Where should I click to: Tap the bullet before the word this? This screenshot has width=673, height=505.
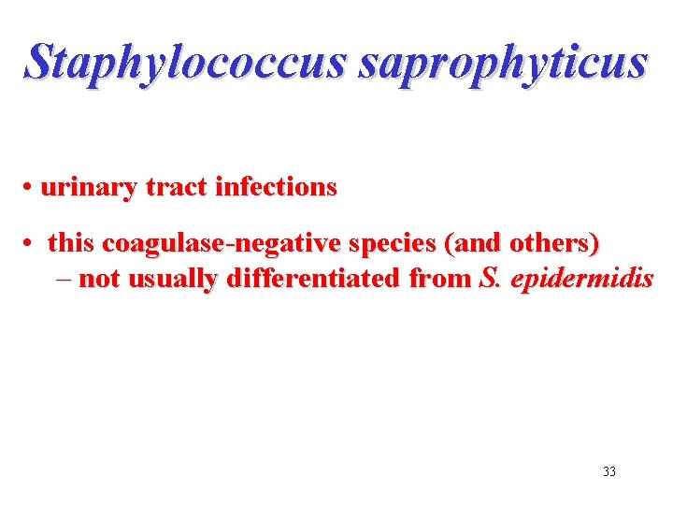click(x=31, y=245)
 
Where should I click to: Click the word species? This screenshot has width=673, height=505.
click(x=392, y=244)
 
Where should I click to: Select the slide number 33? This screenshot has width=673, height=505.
click(x=609, y=471)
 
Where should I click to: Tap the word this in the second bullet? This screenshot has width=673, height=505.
click(x=72, y=244)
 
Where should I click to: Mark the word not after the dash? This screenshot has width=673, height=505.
click(x=99, y=279)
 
